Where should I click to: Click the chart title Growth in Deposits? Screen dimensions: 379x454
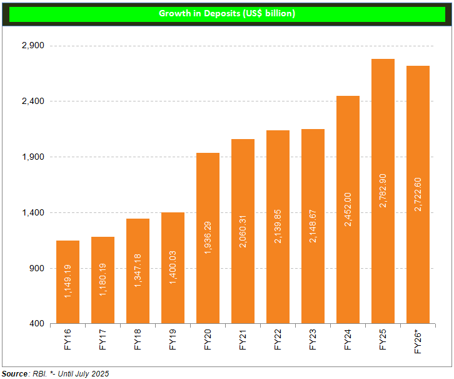point(226,13)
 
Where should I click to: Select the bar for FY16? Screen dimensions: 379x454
point(68,282)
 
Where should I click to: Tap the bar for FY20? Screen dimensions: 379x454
point(208,238)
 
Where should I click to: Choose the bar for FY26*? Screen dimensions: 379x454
point(418,195)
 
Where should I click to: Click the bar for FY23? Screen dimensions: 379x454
point(313,226)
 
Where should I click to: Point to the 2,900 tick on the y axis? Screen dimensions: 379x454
point(31,46)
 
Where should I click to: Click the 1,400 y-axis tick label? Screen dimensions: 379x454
point(31,213)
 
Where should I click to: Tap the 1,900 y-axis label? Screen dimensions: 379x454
point(31,157)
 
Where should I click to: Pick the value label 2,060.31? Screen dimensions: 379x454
point(243,231)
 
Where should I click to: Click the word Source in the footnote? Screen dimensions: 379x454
point(14,373)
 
